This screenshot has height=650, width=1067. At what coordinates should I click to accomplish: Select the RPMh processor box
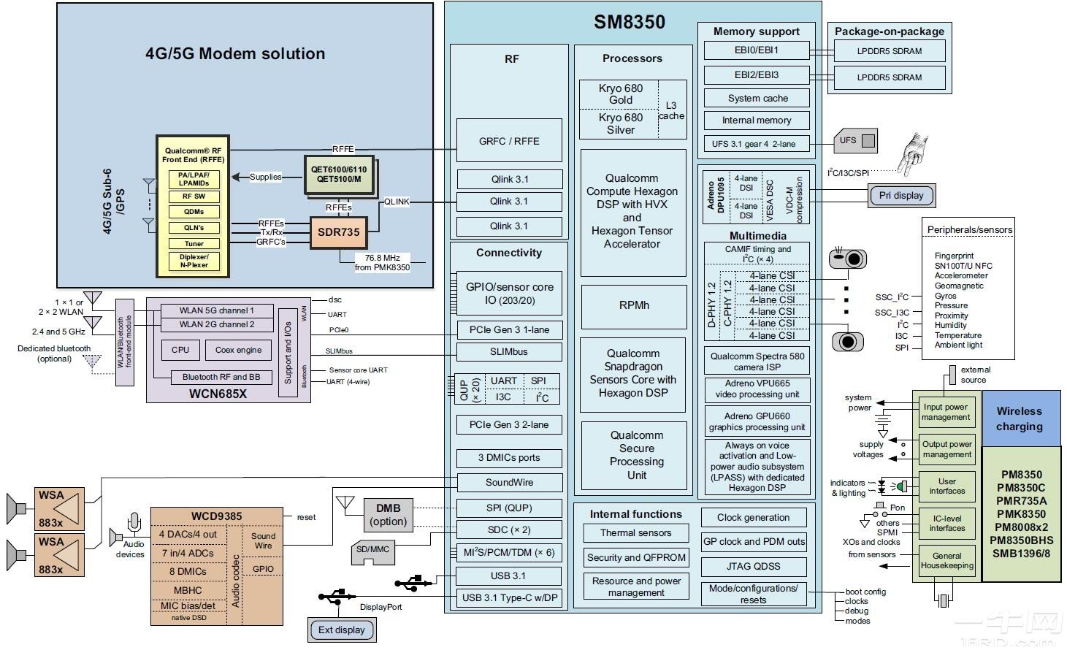click(633, 306)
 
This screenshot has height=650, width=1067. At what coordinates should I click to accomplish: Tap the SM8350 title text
click(629, 22)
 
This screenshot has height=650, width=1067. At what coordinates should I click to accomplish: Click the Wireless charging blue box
click(1020, 418)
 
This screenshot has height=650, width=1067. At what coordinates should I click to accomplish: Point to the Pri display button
click(901, 196)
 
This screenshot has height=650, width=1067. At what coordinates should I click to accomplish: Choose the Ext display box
click(341, 630)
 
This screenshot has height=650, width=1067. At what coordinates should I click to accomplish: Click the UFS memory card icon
click(855, 141)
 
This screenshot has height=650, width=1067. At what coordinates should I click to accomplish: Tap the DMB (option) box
click(388, 515)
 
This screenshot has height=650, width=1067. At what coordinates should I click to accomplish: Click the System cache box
click(757, 99)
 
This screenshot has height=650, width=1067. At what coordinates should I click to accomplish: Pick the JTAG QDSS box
click(753, 567)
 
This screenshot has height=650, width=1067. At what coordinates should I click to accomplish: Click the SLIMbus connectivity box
click(509, 352)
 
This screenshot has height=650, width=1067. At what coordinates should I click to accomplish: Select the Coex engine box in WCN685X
click(238, 350)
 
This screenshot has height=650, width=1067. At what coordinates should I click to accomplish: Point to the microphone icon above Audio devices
click(134, 524)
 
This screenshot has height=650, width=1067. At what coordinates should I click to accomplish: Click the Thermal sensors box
click(635, 533)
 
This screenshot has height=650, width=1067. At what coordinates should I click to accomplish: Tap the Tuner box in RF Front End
click(194, 244)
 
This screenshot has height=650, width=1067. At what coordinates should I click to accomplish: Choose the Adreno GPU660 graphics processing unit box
click(757, 421)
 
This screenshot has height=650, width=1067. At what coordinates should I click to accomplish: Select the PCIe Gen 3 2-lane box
click(509, 425)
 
